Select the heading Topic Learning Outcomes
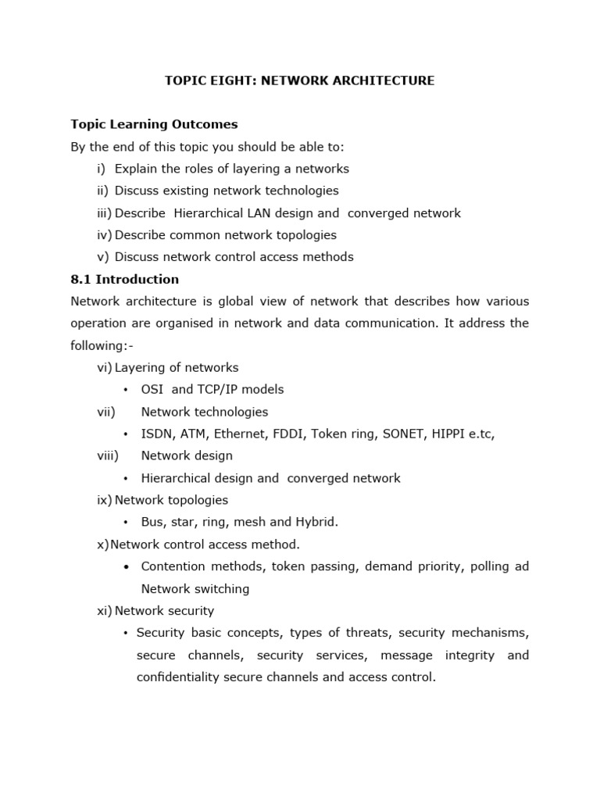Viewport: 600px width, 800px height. [x=154, y=124]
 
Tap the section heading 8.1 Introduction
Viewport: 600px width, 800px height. [x=124, y=279]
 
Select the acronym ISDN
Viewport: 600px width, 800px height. [x=157, y=434]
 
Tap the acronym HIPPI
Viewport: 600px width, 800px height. [x=451, y=434]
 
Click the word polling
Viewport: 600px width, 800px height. [x=489, y=566]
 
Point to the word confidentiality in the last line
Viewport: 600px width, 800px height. [x=182, y=677]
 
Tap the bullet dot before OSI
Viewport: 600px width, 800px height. [x=125, y=390]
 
